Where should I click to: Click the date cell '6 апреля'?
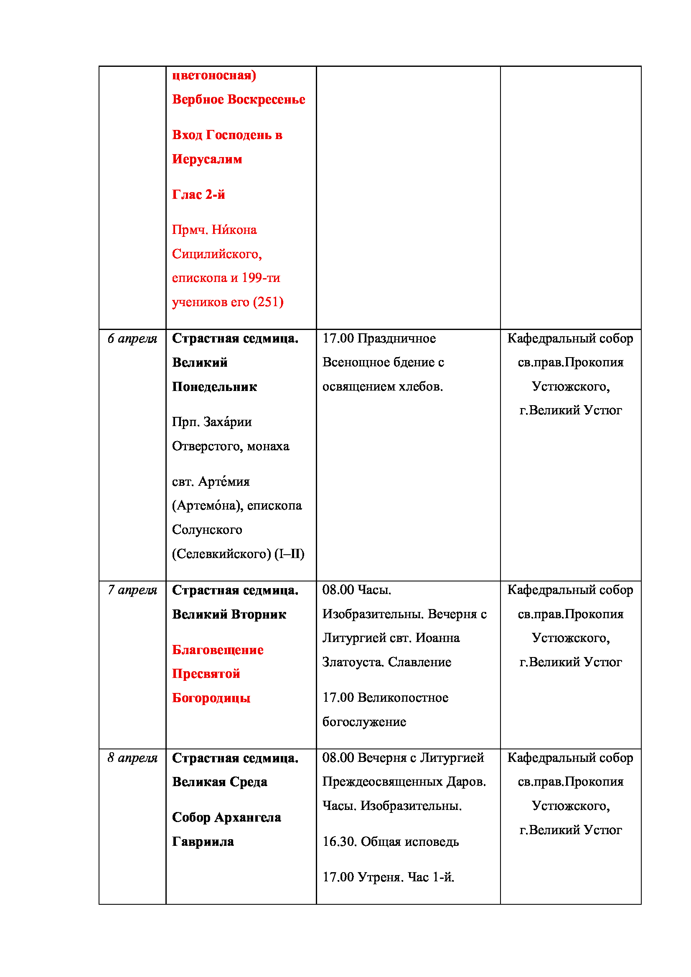pos(132,339)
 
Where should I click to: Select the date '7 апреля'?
pos(132,590)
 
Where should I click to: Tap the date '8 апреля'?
pos(132,758)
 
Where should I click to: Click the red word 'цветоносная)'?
pos(214,75)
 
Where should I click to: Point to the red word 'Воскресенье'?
pos(266,99)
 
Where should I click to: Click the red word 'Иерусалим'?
pos(207,159)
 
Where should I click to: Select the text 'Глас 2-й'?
pos(198,195)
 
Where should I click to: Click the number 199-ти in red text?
pos(261,278)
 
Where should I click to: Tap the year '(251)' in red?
pos(268,302)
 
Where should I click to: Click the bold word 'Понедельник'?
pos(214,387)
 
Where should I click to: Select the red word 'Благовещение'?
pos(217,650)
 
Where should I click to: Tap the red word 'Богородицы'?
pos(211,698)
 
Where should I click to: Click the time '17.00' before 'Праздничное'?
pos(338,339)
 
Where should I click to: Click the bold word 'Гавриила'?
pos(203,842)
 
